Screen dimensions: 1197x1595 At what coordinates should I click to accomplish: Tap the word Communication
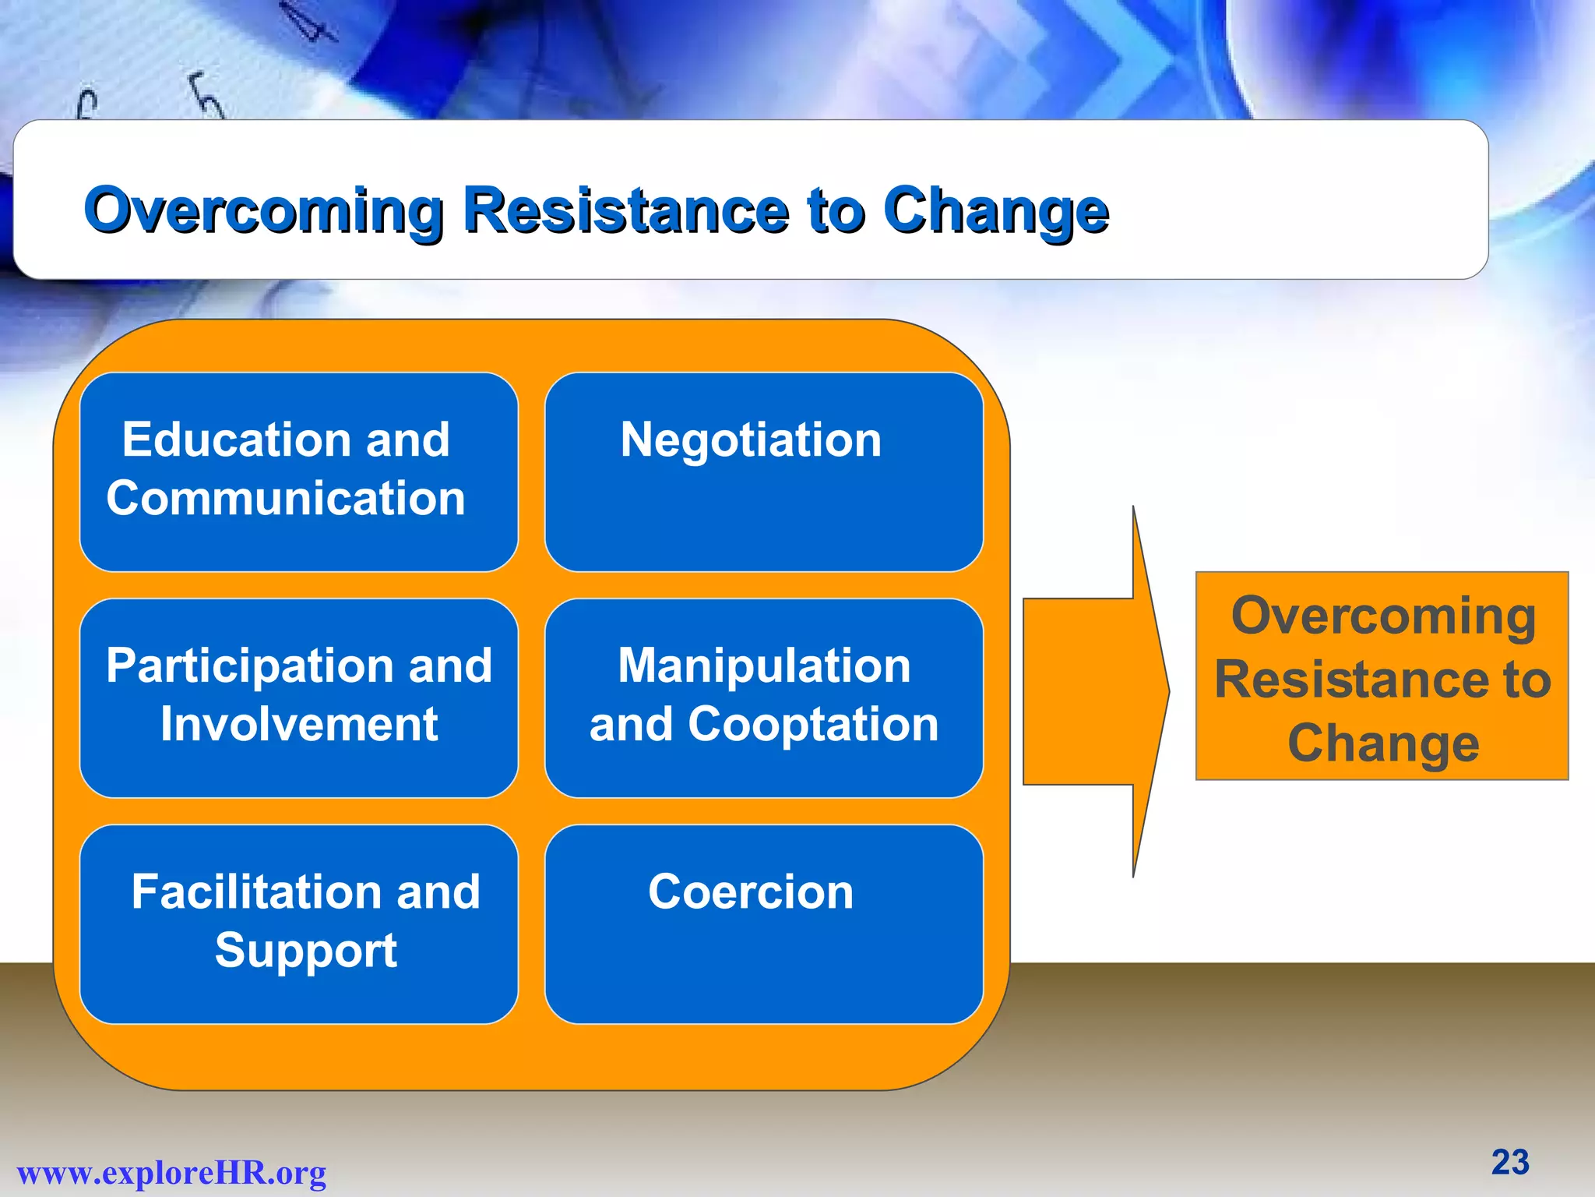click(x=286, y=499)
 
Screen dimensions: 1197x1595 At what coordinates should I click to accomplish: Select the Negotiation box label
click(x=751, y=440)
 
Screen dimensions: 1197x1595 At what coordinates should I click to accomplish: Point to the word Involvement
click(x=299, y=725)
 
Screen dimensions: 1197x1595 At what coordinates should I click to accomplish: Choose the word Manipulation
click(x=763, y=666)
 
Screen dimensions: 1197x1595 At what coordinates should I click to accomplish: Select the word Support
click(x=305, y=951)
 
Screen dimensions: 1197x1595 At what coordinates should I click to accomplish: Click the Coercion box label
click(x=751, y=892)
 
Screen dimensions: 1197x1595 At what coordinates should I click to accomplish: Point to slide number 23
click(x=1509, y=1163)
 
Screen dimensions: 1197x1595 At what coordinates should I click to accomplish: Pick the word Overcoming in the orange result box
click(x=1383, y=616)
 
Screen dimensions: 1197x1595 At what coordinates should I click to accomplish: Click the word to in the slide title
click(x=836, y=210)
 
